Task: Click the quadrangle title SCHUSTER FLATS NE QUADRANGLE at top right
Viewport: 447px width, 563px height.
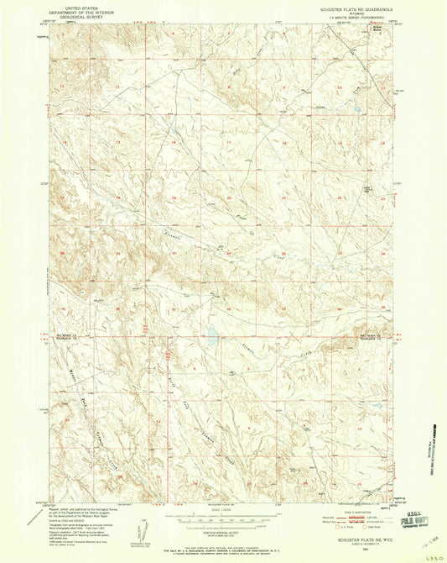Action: (344, 7)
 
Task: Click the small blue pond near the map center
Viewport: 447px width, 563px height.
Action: (211, 340)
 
